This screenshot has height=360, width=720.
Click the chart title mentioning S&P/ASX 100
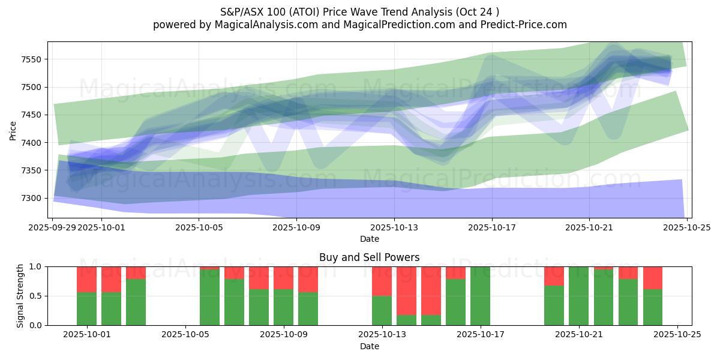tap(359, 11)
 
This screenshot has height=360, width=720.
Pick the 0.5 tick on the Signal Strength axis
tap(37, 296)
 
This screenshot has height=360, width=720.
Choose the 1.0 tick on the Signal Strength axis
tap(37, 267)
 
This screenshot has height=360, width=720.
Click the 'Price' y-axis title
tap(13, 130)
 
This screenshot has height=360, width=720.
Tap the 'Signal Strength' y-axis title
tap(20, 296)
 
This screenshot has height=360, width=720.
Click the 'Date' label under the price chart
tap(370, 239)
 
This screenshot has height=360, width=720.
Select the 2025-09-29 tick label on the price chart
tap(53, 228)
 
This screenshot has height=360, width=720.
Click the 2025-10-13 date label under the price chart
tap(394, 228)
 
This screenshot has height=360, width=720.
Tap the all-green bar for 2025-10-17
tap(480, 296)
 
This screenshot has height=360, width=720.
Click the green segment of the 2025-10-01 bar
tap(86, 308)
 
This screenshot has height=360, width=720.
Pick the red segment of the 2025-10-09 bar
tap(283, 278)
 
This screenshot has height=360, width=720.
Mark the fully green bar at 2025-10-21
tap(578, 296)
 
